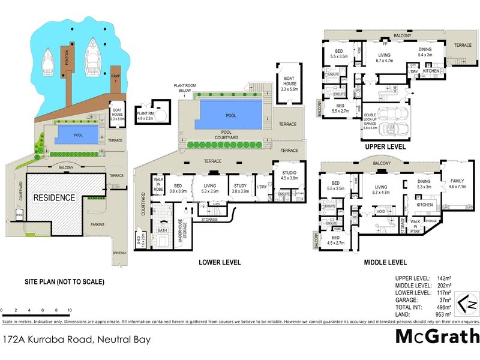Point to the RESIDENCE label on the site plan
(x=54, y=197)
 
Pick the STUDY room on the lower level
(x=241, y=188)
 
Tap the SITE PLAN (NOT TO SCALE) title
(x=64, y=281)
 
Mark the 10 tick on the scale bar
(x=70, y=311)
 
